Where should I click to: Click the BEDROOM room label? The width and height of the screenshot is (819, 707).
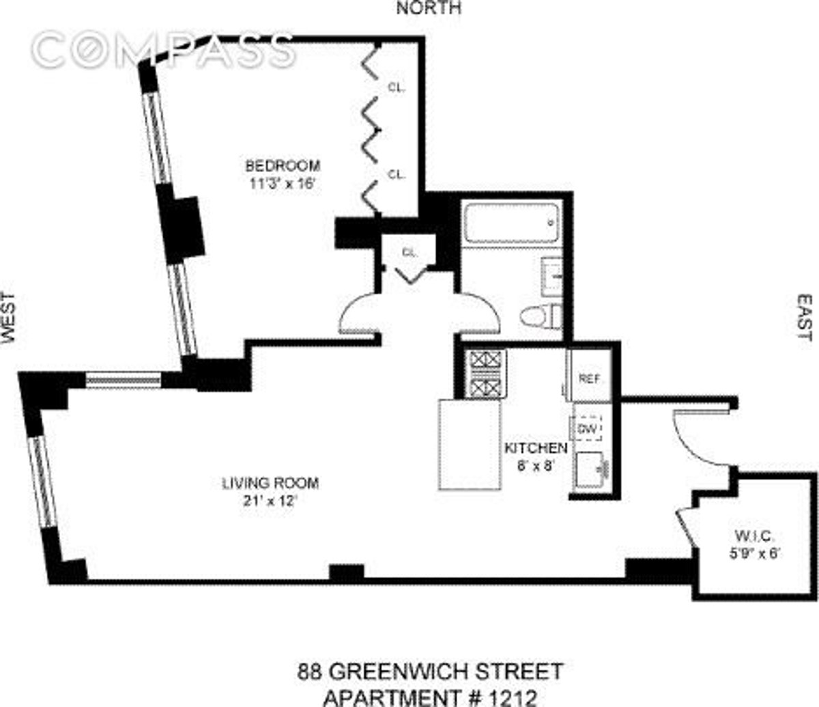pos(283,165)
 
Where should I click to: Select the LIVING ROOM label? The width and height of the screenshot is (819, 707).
pos(270,483)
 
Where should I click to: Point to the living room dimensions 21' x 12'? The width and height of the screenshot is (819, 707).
pos(270,500)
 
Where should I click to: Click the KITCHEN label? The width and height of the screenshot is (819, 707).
pos(535,448)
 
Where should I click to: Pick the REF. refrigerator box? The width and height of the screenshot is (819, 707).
pos(588,378)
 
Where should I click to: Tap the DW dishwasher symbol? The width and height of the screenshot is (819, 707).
pos(588,428)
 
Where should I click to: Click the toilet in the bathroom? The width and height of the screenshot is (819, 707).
pos(541,317)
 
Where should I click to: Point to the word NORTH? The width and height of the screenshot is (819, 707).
pos(429,8)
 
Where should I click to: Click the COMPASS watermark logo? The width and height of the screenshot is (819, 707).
pos(164,49)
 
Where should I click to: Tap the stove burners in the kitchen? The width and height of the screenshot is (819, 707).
pos(486,374)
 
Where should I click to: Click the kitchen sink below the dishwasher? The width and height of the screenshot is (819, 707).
pos(590,470)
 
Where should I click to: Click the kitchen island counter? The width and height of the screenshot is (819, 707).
pos(469,444)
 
